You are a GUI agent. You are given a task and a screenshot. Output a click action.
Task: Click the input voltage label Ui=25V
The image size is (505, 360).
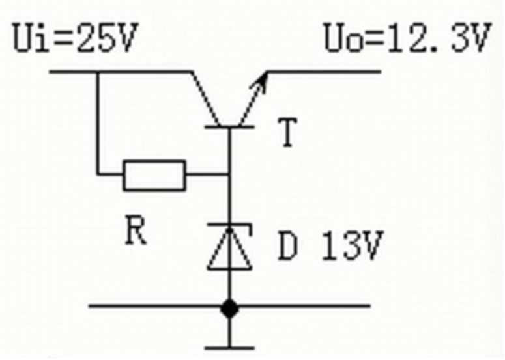[x=76, y=37]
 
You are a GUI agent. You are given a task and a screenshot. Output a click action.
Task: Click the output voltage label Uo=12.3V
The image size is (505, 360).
[x=408, y=37]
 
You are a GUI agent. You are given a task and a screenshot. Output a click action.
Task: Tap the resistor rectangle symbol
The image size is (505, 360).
[x=154, y=175]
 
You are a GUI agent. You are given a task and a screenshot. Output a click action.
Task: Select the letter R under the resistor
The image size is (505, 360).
[x=136, y=230]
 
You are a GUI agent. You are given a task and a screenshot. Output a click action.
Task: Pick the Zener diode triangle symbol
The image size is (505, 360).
[x=229, y=250]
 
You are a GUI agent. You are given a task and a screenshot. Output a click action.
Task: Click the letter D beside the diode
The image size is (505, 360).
[x=287, y=245]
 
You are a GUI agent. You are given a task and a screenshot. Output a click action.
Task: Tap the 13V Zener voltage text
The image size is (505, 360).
[x=353, y=245]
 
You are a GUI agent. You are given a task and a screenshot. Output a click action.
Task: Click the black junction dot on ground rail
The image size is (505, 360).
[x=229, y=309]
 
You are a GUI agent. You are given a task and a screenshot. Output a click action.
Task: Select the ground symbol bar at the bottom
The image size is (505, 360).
[x=229, y=348]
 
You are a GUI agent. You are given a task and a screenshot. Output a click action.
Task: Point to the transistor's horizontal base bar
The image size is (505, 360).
[x=229, y=127]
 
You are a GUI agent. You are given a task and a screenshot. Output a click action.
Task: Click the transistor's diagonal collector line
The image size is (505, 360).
[x=206, y=99]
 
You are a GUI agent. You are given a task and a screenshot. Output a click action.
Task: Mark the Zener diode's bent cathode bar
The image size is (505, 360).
[x=229, y=225]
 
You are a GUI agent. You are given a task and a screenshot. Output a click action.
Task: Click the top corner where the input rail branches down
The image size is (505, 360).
[x=98, y=72]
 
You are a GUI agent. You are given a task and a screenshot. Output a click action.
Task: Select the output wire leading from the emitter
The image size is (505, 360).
[x=324, y=72]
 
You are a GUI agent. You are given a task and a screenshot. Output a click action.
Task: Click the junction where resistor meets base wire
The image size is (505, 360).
[x=229, y=175]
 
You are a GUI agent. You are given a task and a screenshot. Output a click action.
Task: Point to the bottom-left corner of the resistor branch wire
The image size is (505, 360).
[x=98, y=175]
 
